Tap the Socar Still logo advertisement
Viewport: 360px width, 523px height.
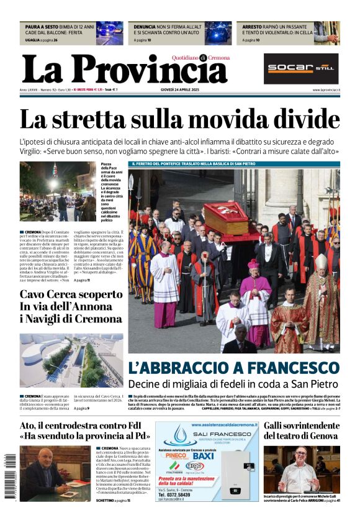301,68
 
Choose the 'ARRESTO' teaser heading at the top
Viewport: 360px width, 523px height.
253,27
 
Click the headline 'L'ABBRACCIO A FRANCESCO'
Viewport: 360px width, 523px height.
233,367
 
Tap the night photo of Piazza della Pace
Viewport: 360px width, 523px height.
57,191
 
